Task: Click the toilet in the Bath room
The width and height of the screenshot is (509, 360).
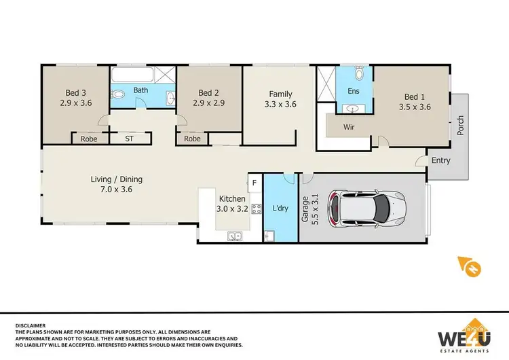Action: click(118, 94)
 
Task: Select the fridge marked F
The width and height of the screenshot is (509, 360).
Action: click(254, 182)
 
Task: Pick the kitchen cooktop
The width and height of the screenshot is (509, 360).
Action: click(257, 209)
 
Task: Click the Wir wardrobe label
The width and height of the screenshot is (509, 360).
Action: click(350, 127)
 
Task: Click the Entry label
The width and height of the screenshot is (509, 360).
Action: click(441, 160)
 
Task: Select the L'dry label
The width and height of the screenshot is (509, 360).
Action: click(280, 208)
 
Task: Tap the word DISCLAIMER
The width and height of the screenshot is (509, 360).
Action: click(33, 326)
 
